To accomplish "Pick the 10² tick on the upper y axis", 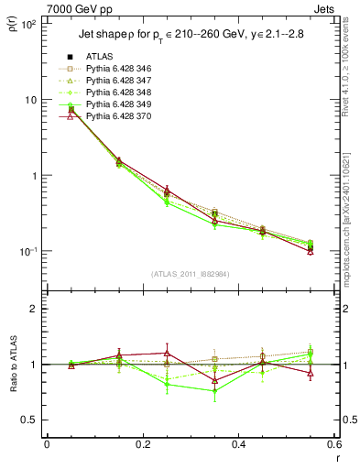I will [x=28, y=24].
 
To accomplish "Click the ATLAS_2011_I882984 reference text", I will [x=190, y=275].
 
